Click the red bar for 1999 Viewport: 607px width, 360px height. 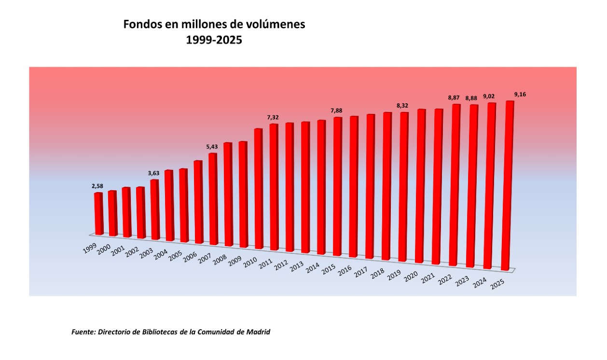[x=98, y=214]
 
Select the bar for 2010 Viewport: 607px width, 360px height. [x=258, y=189]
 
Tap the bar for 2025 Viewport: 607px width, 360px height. [x=508, y=186]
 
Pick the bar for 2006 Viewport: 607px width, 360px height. [x=198, y=202]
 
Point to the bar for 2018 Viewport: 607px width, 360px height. [x=387, y=186]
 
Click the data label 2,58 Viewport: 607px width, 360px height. [x=98, y=186]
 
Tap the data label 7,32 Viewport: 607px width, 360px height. [x=273, y=117]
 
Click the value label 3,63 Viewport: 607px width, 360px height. [x=153, y=173]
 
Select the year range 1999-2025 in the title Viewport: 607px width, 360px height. [x=214, y=41]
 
